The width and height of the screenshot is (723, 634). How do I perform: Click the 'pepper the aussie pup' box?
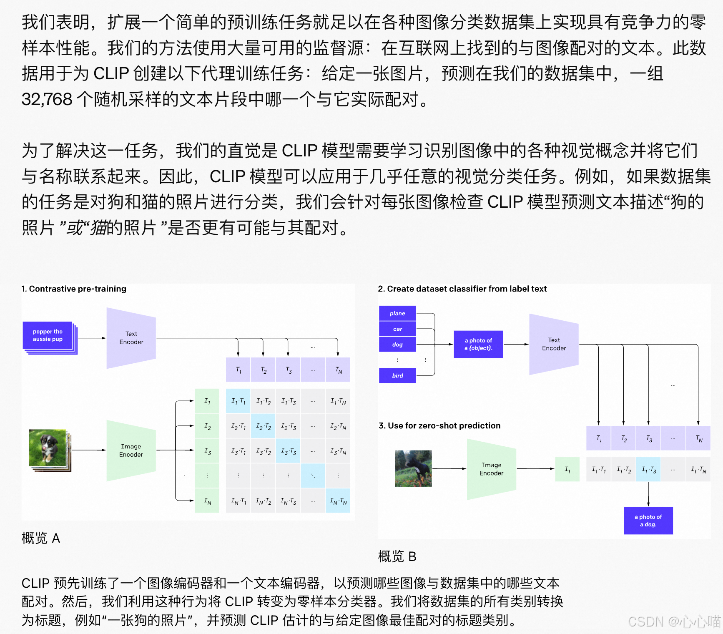(48, 336)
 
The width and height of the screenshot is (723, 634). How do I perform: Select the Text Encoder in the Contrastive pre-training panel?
(131, 338)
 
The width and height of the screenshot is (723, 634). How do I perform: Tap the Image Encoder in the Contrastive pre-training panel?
(131, 450)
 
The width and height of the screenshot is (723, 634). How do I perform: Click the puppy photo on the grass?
(48, 448)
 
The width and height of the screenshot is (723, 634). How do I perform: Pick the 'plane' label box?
(397, 313)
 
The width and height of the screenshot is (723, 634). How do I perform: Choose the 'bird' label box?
(397, 375)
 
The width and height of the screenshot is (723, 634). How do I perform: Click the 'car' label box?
(397, 329)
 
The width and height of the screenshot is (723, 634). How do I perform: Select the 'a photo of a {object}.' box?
(478, 344)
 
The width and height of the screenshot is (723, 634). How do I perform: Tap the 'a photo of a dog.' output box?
(648, 521)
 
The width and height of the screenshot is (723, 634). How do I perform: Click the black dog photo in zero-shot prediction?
(413, 468)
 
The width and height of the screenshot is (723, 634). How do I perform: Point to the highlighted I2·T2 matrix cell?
(263, 426)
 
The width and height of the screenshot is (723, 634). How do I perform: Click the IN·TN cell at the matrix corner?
(338, 501)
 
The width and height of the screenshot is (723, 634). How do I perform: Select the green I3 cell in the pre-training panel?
(207, 451)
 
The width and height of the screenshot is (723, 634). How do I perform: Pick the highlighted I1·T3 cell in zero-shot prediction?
(648, 470)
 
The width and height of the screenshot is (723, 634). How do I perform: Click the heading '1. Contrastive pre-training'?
(74, 289)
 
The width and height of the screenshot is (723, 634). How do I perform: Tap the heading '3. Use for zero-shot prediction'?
(439, 425)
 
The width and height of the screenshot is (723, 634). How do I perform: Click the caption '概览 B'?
(397, 556)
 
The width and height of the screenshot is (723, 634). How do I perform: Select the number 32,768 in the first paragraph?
(47, 99)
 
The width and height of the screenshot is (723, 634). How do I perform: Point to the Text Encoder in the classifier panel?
(554, 344)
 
